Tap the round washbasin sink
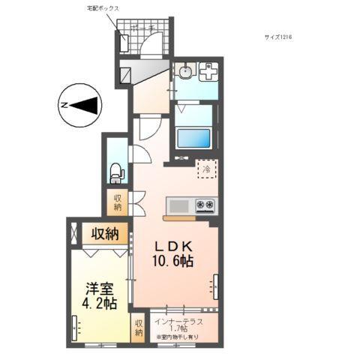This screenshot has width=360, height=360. pyautogui.click(x=184, y=72)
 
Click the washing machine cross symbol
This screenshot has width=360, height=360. pyautogui.click(x=209, y=73)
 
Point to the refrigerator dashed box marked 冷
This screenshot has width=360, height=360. pyautogui.click(x=205, y=169)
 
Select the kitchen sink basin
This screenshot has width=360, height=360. pyautogui.click(x=179, y=205)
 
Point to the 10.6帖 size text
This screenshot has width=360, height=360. pyautogui.click(x=175, y=262)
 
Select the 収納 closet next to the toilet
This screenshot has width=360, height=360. pyautogui.click(x=118, y=202)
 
